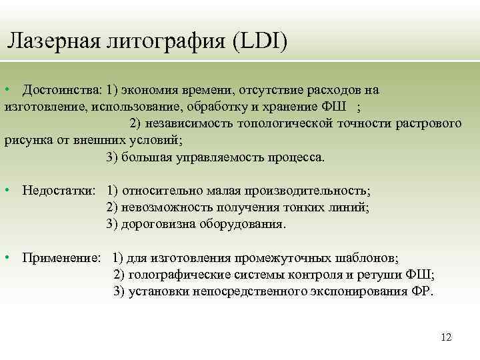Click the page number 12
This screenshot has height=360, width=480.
pyautogui.click(x=446, y=337)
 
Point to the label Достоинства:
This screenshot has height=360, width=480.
pyautogui.click(x=61, y=89)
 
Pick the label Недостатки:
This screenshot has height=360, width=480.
pyautogui.click(x=59, y=191)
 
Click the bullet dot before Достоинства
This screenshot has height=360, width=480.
pyautogui.click(x=7, y=90)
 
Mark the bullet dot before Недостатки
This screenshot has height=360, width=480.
pyautogui.click(x=7, y=191)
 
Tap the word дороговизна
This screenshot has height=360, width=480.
pyautogui.click(x=158, y=224)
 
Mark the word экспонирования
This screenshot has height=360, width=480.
pyautogui.click(x=358, y=292)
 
